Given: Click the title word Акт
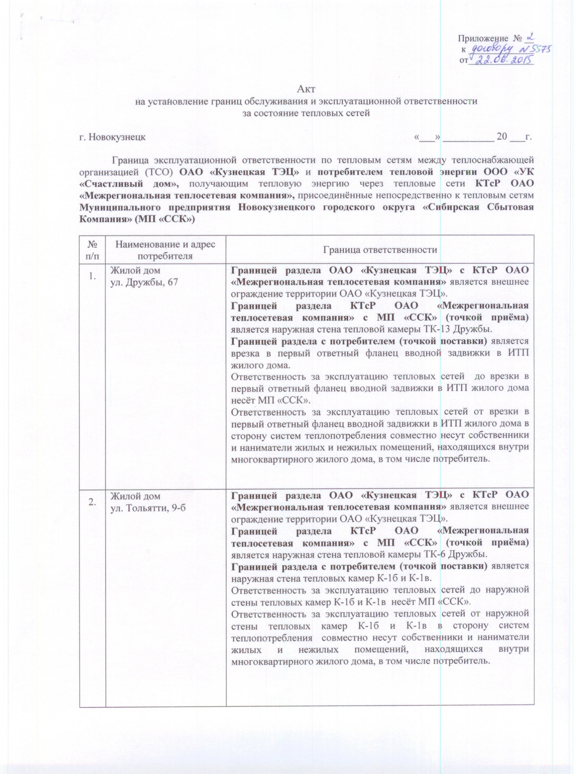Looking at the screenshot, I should tap(306, 89).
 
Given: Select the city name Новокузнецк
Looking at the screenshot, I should tap(117, 137).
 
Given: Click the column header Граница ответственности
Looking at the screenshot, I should tap(380, 249).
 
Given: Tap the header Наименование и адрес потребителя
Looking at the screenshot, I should tap(166, 250).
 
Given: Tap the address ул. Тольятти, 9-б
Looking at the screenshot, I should tap(148, 507).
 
